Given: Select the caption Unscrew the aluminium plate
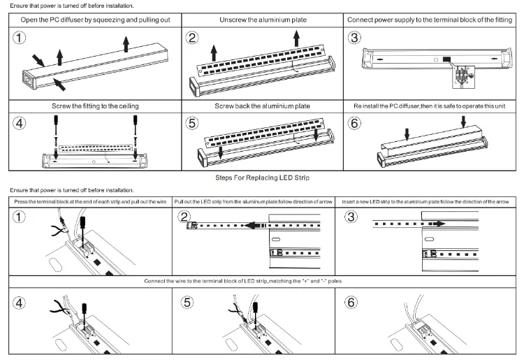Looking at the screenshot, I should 262,20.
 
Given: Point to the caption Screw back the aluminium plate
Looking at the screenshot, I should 262,106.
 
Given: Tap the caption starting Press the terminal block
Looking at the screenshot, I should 91,201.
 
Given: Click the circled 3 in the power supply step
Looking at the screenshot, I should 355,37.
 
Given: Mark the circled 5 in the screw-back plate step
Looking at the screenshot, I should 193,123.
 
